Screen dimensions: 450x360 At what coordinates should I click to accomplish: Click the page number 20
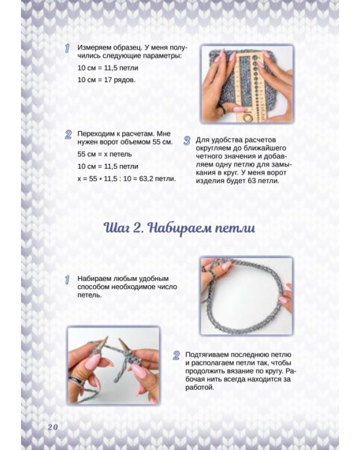click(x=52, y=426)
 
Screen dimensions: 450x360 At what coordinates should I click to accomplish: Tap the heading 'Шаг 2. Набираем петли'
click(x=179, y=228)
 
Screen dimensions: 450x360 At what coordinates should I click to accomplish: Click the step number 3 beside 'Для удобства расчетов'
click(x=187, y=141)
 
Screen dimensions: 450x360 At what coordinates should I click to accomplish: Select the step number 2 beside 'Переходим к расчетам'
click(x=68, y=135)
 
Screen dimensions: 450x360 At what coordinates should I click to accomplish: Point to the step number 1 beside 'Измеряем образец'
click(x=68, y=49)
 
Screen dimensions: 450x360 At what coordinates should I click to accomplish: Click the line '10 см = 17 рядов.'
click(x=107, y=79)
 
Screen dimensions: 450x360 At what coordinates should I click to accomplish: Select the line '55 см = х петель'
click(x=105, y=155)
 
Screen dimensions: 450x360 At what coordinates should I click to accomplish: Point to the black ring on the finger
click(x=221, y=108)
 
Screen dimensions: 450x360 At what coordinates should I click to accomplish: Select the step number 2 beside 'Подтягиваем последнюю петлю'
click(x=176, y=355)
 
